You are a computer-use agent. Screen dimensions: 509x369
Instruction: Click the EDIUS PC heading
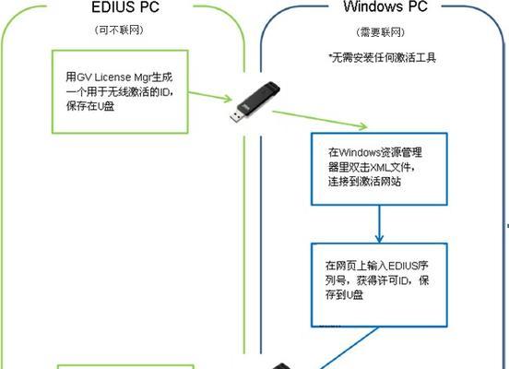click(125, 7)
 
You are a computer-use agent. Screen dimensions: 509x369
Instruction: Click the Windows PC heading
click(385, 6)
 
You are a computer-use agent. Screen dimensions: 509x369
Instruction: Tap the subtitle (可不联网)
click(119, 30)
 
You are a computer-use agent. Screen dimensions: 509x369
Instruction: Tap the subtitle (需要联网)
click(381, 32)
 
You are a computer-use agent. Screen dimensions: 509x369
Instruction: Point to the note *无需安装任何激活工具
click(382, 58)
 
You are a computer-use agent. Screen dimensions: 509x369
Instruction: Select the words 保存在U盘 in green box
click(90, 106)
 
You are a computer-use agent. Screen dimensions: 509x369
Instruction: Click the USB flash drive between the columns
click(254, 102)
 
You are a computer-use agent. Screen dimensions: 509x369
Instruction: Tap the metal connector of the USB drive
click(236, 116)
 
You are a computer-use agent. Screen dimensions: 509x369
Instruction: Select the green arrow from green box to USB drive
click(210, 97)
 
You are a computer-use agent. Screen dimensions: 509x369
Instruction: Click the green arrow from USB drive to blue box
click(320, 120)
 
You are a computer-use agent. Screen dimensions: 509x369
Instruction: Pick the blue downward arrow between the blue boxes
click(379, 224)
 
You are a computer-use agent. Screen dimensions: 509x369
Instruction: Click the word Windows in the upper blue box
click(360, 152)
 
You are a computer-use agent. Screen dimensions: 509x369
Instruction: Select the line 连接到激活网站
click(364, 182)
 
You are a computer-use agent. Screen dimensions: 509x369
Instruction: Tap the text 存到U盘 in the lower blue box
click(344, 294)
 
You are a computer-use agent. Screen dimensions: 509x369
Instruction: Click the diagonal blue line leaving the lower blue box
click(349, 348)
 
